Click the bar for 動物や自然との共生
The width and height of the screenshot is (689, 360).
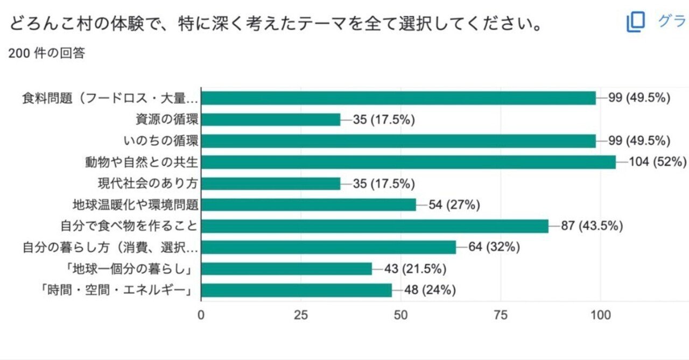[408, 162]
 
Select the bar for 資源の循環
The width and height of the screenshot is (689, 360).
[271, 119]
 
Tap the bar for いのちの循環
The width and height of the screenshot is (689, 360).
[398, 141]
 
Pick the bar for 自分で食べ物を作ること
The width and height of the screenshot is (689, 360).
[375, 226]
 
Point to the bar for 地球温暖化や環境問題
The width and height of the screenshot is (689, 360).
[308, 204]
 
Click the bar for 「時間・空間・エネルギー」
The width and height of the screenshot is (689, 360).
[297, 290]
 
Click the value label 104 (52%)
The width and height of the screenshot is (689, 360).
[658, 162]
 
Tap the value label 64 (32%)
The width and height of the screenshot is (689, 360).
[494, 248]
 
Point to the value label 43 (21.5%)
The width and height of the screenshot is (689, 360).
[416, 269]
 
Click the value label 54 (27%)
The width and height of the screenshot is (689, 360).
[454, 204]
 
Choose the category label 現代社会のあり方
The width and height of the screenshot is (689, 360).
[146, 183]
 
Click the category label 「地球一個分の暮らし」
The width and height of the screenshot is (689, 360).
[119, 269]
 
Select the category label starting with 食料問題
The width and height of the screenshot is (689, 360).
[110, 98]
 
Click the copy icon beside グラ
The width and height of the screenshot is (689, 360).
[636, 22]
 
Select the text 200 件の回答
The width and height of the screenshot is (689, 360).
[47, 54]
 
